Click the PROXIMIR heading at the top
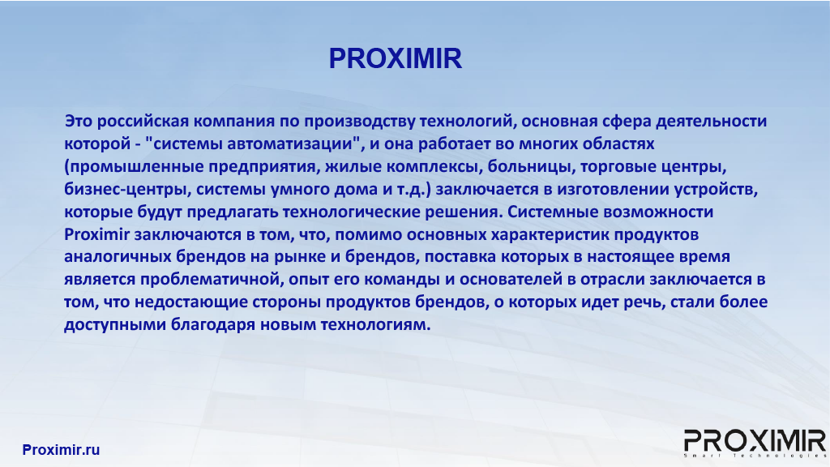(x=396, y=58)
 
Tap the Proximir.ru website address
(x=61, y=449)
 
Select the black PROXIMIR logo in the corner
(x=755, y=443)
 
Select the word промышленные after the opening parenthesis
(x=136, y=167)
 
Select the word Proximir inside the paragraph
(x=97, y=234)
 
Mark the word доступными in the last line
(x=115, y=324)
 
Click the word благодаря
(x=213, y=324)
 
